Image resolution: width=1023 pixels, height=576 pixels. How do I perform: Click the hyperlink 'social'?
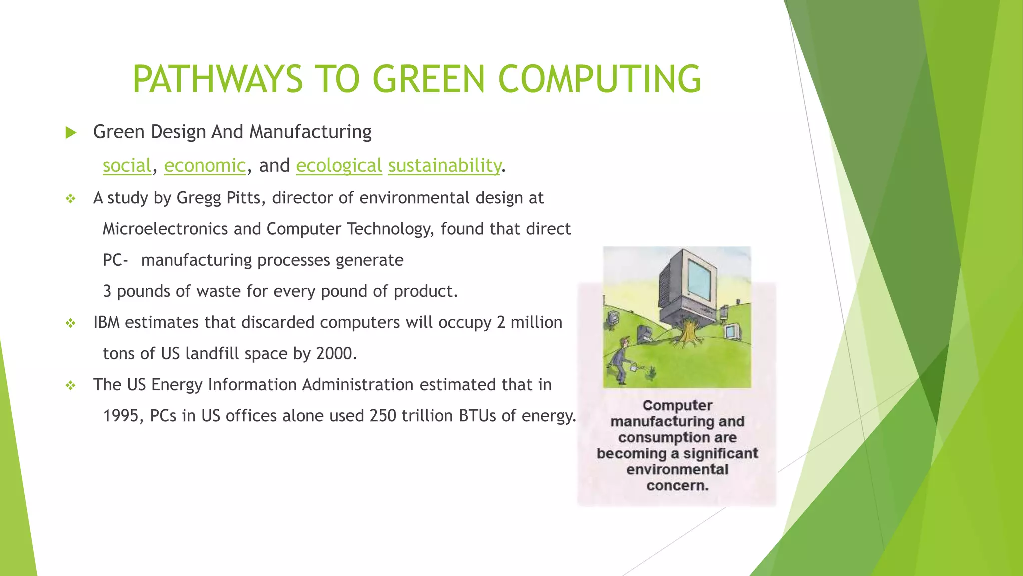click(x=127, y=165)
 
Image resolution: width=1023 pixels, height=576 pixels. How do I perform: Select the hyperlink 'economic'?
click(x=205, y=165)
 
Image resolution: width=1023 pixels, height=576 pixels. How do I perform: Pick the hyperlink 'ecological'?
click(x=339, y=165)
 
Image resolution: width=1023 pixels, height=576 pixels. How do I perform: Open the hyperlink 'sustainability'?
click(x=444, y=165)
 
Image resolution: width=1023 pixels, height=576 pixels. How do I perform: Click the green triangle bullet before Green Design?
click(x=71, y=133)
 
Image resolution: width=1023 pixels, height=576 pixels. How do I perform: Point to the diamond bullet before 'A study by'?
click(x=71, y=199)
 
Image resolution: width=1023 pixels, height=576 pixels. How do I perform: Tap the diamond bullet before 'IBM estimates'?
click(x=71, y=323)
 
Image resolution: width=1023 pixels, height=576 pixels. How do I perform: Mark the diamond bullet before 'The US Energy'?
click(x=71, y=386)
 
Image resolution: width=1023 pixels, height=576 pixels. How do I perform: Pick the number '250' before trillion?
click(x=383, y=416)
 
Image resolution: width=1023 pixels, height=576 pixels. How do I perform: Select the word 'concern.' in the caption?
click(x=677, y=485)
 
